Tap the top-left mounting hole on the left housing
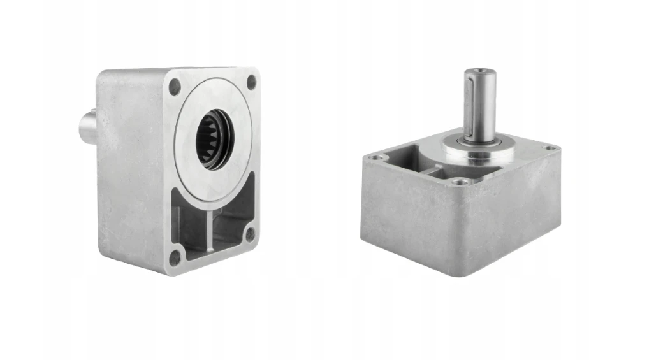pyautogui.click(x=174, y=88)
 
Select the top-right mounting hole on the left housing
pyautogui.click(x=251, y=82)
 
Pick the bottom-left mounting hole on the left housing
pyautogui.click(x=174, y=259)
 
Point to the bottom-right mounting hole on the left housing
pyautogui.click(x=250, y=234)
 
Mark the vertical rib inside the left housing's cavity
pyautogui.click(x=209, y=229)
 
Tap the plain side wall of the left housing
pyautogui.click(x=131, y=172)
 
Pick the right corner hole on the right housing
pyautogui.click(x=549, y=148)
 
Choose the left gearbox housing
pyautogui.click(x=178, y=172)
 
